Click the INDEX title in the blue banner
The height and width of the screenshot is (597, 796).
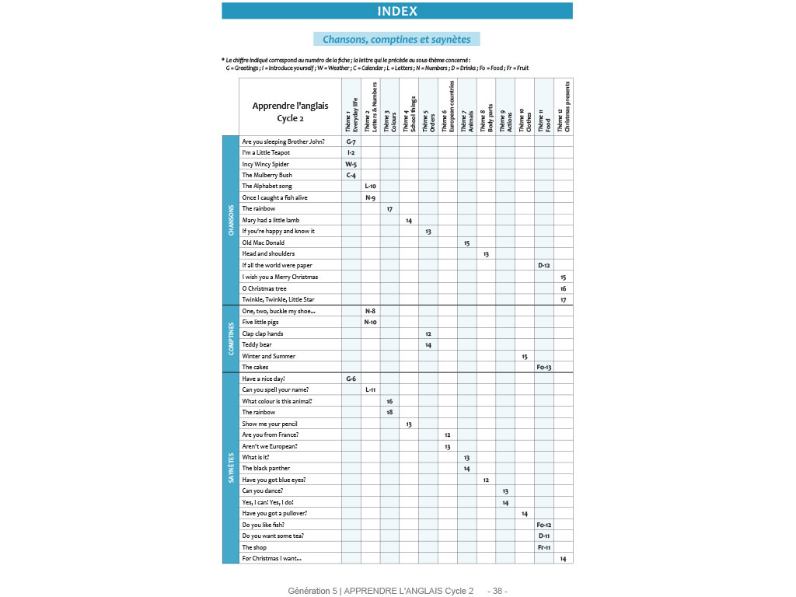click(x=397, y=11)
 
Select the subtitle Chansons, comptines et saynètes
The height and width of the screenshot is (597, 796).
click(x=397, y=39)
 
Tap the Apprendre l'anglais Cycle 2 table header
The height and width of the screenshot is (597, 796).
click(x=290, y=112)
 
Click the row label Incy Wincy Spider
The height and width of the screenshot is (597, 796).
click(x=265, y=164)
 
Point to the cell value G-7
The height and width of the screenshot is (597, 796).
click(x=351, y=141)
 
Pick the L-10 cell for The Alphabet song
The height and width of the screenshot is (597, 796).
click(x=370, y=187)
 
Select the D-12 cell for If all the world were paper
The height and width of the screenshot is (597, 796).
click(x=544, y=265)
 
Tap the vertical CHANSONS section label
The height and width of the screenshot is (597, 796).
click(x=231, y=220)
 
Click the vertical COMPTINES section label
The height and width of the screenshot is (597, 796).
click(x=231, y=338)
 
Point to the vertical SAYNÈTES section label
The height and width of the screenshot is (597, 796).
click(x=231, y=468)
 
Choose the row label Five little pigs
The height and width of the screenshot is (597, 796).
click(x=260, y=322)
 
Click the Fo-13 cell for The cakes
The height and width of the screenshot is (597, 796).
click(x=544, y=367)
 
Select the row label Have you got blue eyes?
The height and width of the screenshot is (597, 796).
click(x=274, y=480)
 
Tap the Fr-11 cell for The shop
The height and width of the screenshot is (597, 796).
click(x=544, y=547)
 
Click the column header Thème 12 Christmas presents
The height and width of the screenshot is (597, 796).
click(x=563, y=106)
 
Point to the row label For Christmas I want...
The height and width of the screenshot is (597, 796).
click(x=271, y=558)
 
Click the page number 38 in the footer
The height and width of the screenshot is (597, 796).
click(x=497, y=591)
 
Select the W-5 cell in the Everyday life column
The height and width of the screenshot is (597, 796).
click(x=351, y=164)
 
